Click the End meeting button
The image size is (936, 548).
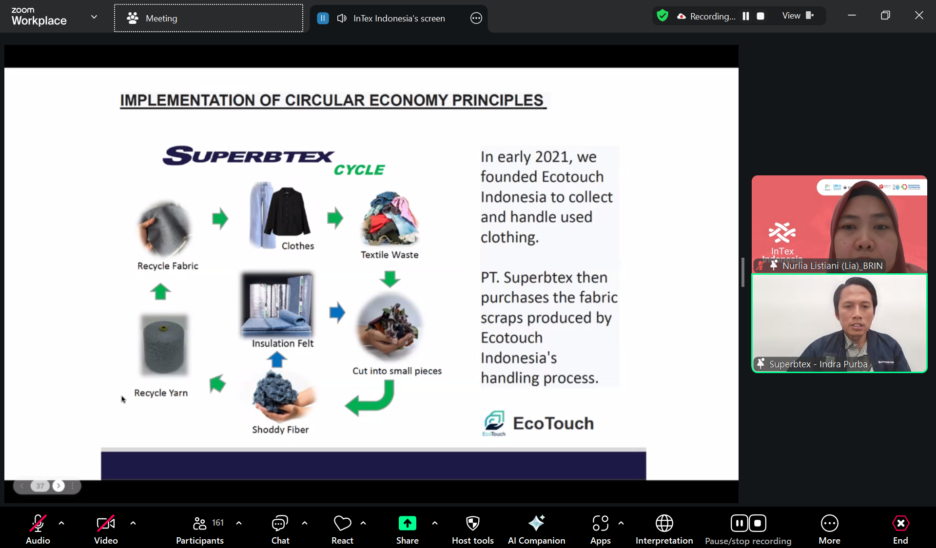tap(900, 529)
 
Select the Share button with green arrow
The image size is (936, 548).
tap(408, 529)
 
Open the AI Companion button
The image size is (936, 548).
tap(536, 529)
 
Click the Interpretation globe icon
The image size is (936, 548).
tap(664, 523)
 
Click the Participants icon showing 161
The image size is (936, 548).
tap(199, 523)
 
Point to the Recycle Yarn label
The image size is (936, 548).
tap(161, 393)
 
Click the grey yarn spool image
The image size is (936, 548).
tap(164, 345)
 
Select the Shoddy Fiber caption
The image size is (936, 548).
tap(280, 429)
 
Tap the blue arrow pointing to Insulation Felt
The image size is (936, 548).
tap(277, 359)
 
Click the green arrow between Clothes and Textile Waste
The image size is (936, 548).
tap(335, 217)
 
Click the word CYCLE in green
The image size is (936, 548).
tap(359, 170)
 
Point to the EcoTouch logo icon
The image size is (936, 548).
tap(494, 421)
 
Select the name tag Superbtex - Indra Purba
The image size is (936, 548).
tap(818, 364)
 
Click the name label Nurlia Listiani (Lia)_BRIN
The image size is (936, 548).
tap(832, 266)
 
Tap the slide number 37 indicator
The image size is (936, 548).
tap(40, 486)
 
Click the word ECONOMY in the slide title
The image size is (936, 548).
tap(408, 100)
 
